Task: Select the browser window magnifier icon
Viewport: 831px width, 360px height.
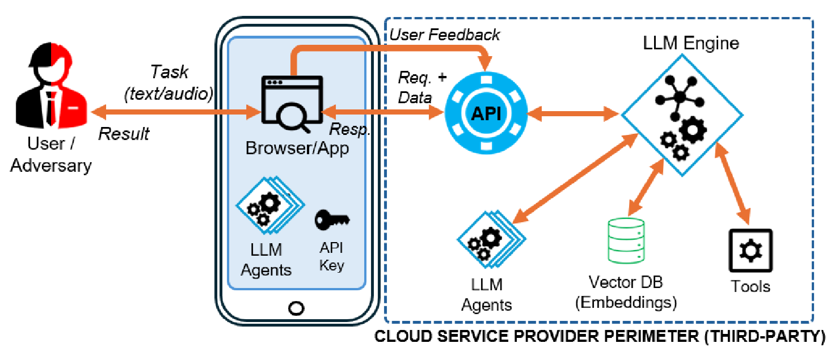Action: click(290, 103)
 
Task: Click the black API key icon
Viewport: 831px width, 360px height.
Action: click(332, 219)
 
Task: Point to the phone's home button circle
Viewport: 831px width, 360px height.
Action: click(296, 308)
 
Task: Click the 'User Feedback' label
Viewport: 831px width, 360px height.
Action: click(445, 35)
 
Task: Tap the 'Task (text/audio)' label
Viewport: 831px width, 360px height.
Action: click(168, 83)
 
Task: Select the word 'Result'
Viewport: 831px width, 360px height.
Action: click(124, 134)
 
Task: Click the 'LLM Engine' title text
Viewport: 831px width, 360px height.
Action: click(691, 43)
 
